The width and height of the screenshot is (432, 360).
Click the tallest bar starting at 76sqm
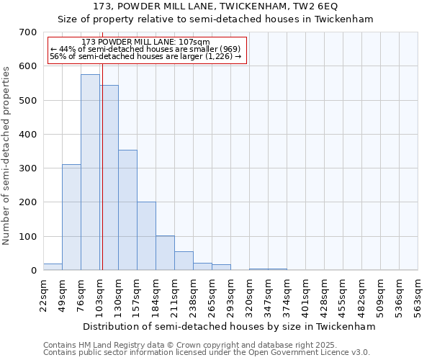(x=90, y=172)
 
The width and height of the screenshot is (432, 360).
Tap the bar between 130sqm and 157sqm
(x=127, y=210)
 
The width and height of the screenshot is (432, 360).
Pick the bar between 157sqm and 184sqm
(x=146, y=236)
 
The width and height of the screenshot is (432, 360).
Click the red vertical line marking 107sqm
(x=102, y=166)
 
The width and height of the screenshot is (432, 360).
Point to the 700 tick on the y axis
(x=28, y=32)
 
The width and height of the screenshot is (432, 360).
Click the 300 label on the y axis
(x=28, y=168)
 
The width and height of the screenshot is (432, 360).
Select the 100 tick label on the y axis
(x=28, y=237)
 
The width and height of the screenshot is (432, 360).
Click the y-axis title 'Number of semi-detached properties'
(x=7, y=155)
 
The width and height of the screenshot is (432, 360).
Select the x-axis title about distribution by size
(x=230, y=327)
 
